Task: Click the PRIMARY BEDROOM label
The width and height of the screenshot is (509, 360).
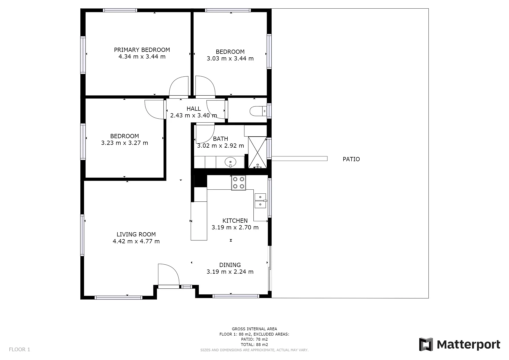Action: coord(142,50)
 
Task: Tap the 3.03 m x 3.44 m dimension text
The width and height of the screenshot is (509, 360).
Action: coord(230,59)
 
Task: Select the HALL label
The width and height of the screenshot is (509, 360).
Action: coord(193,109)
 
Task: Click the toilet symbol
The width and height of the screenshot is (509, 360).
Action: coord(258,111)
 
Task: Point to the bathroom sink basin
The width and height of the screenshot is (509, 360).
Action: coord(230,162)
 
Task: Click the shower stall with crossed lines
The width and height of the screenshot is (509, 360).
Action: coord(257,152)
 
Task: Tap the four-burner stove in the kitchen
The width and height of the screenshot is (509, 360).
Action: coord(239,183)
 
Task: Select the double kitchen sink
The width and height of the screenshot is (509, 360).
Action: coord(260,201)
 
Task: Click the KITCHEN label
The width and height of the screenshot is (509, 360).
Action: coord(235,221)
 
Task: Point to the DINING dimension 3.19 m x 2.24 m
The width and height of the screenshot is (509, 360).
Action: coord(230,272)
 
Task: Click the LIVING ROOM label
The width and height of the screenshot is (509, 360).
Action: coord(136,234)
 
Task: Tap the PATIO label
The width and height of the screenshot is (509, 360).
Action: coord(351,159)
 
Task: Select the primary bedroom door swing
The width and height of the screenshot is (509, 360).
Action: coord(179,87)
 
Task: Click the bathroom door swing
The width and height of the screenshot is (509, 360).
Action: coord(204,133)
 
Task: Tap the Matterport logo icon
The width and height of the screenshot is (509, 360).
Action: coord(426,344)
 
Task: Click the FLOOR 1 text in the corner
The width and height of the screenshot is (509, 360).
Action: coord(19,349)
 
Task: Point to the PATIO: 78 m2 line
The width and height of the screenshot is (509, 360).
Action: coord(254,339)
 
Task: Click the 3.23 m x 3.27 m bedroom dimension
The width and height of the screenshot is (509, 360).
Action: coord(124,143)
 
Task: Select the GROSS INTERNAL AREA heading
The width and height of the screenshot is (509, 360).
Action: coord(254,329)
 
